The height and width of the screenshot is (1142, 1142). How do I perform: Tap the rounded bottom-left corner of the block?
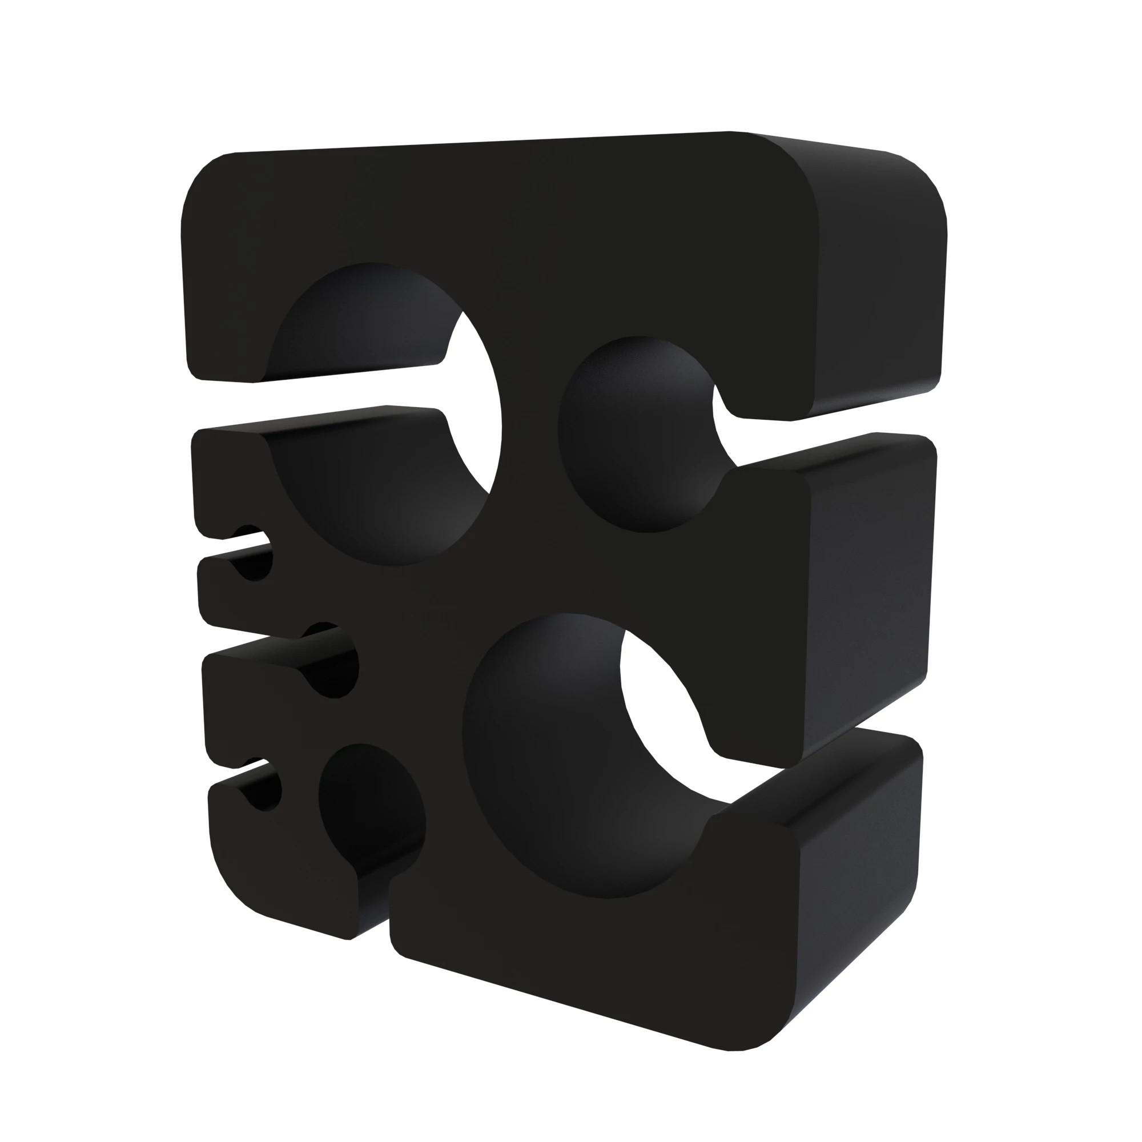tap(236, 880)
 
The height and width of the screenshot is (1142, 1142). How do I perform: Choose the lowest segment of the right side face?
tap(857, 880)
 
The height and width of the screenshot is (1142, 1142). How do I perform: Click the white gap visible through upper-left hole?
tap(473, 408)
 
